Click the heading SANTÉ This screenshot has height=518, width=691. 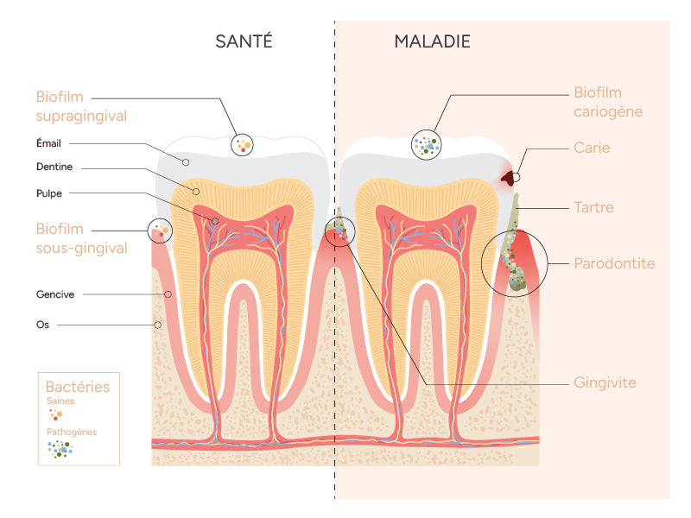244,41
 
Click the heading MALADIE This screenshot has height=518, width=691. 432,41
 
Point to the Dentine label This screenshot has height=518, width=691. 54,167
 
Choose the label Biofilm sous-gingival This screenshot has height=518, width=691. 81,238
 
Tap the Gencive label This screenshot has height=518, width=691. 55,294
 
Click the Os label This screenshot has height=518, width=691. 42,325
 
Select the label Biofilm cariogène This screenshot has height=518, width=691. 608,102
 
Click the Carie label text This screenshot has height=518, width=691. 592,148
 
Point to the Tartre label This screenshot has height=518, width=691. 593,207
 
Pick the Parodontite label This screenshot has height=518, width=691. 614,263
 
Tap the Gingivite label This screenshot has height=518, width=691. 605,382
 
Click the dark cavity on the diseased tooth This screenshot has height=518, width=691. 510,178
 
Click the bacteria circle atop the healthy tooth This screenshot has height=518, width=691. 243,144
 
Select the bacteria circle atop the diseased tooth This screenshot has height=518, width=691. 427,144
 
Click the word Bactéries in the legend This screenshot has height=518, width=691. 78,387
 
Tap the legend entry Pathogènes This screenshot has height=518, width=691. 72,432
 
